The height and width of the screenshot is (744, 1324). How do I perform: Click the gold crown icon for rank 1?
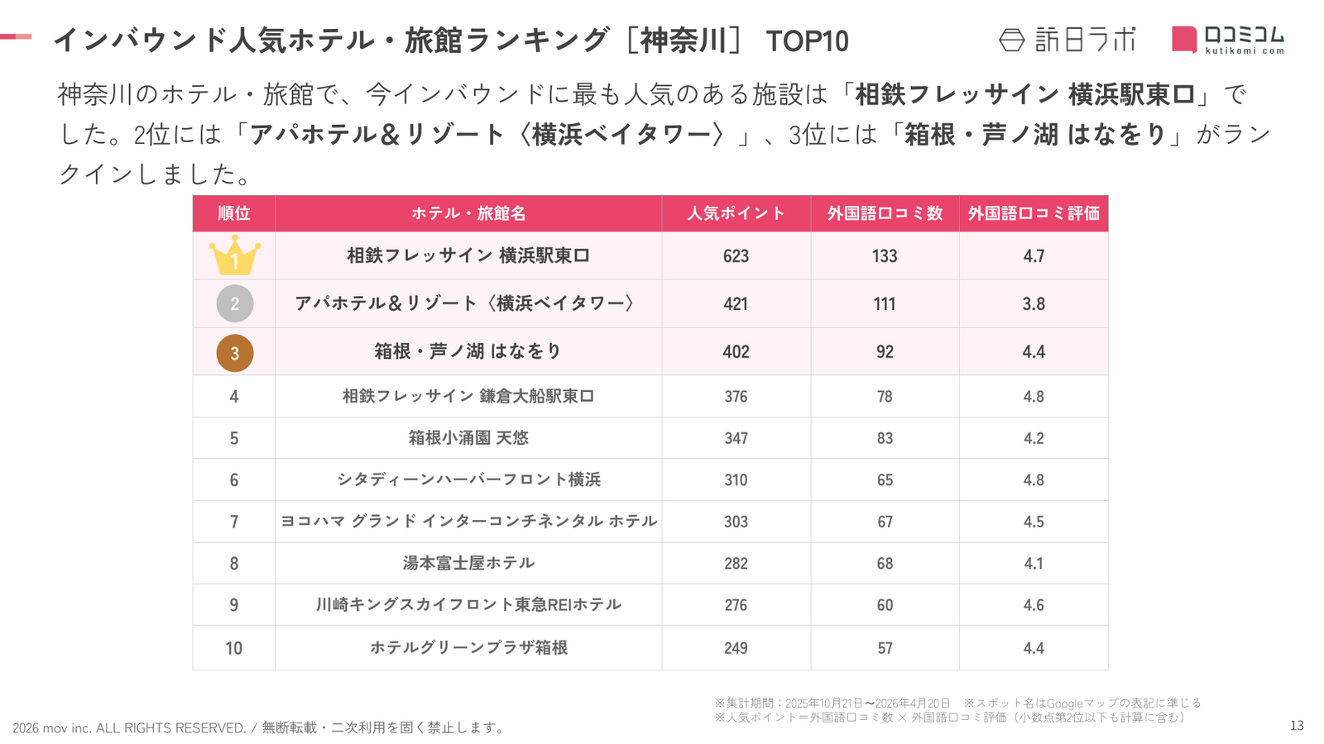[x=234, y=256]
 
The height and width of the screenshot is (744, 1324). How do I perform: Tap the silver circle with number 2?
[x=234, y=304]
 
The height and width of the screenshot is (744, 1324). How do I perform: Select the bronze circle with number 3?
[x=234, y=353]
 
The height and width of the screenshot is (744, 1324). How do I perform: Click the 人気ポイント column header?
[x=736, y=213]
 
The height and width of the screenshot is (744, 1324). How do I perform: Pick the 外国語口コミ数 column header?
[x=885, y=213]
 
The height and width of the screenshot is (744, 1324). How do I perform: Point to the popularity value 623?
[x=736, y=256]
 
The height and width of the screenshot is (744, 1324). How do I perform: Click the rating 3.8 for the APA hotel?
[x=1034, y=304]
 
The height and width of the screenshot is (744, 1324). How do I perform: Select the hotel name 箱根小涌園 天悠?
[x=468, y=438]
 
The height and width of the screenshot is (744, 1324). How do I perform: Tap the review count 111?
[x=885, y=304]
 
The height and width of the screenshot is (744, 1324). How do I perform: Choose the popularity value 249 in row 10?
[x=736, y=648]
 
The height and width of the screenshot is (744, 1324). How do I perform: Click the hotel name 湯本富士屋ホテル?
[x=468, y=563]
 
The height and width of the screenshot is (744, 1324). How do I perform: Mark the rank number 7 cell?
[x=234, y=522]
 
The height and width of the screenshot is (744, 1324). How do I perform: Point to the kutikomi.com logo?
[x=1228, y=39]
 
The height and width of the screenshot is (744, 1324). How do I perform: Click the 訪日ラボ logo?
[x=1067, y=40]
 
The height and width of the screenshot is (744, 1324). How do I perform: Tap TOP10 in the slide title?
[x=807, y=41]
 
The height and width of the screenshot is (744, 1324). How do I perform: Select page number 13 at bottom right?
[x=1297, y=726]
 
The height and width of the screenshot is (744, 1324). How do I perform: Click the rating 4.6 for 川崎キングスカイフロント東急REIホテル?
[x=1034, y=605]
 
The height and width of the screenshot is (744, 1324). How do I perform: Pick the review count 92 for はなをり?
[x=885, y=352]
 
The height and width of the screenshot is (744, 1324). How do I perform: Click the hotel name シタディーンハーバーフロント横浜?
[x=468, y=479]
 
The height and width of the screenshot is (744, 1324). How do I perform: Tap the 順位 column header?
[x=234, y=213]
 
